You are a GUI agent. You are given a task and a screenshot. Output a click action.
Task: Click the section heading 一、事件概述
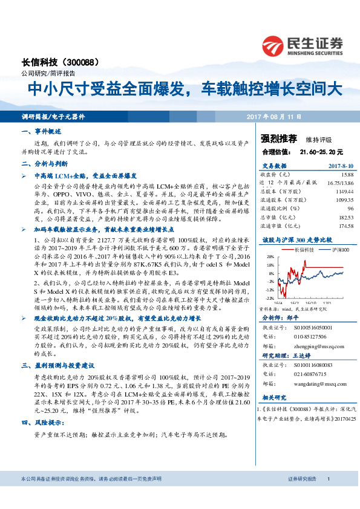point(41,131)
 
